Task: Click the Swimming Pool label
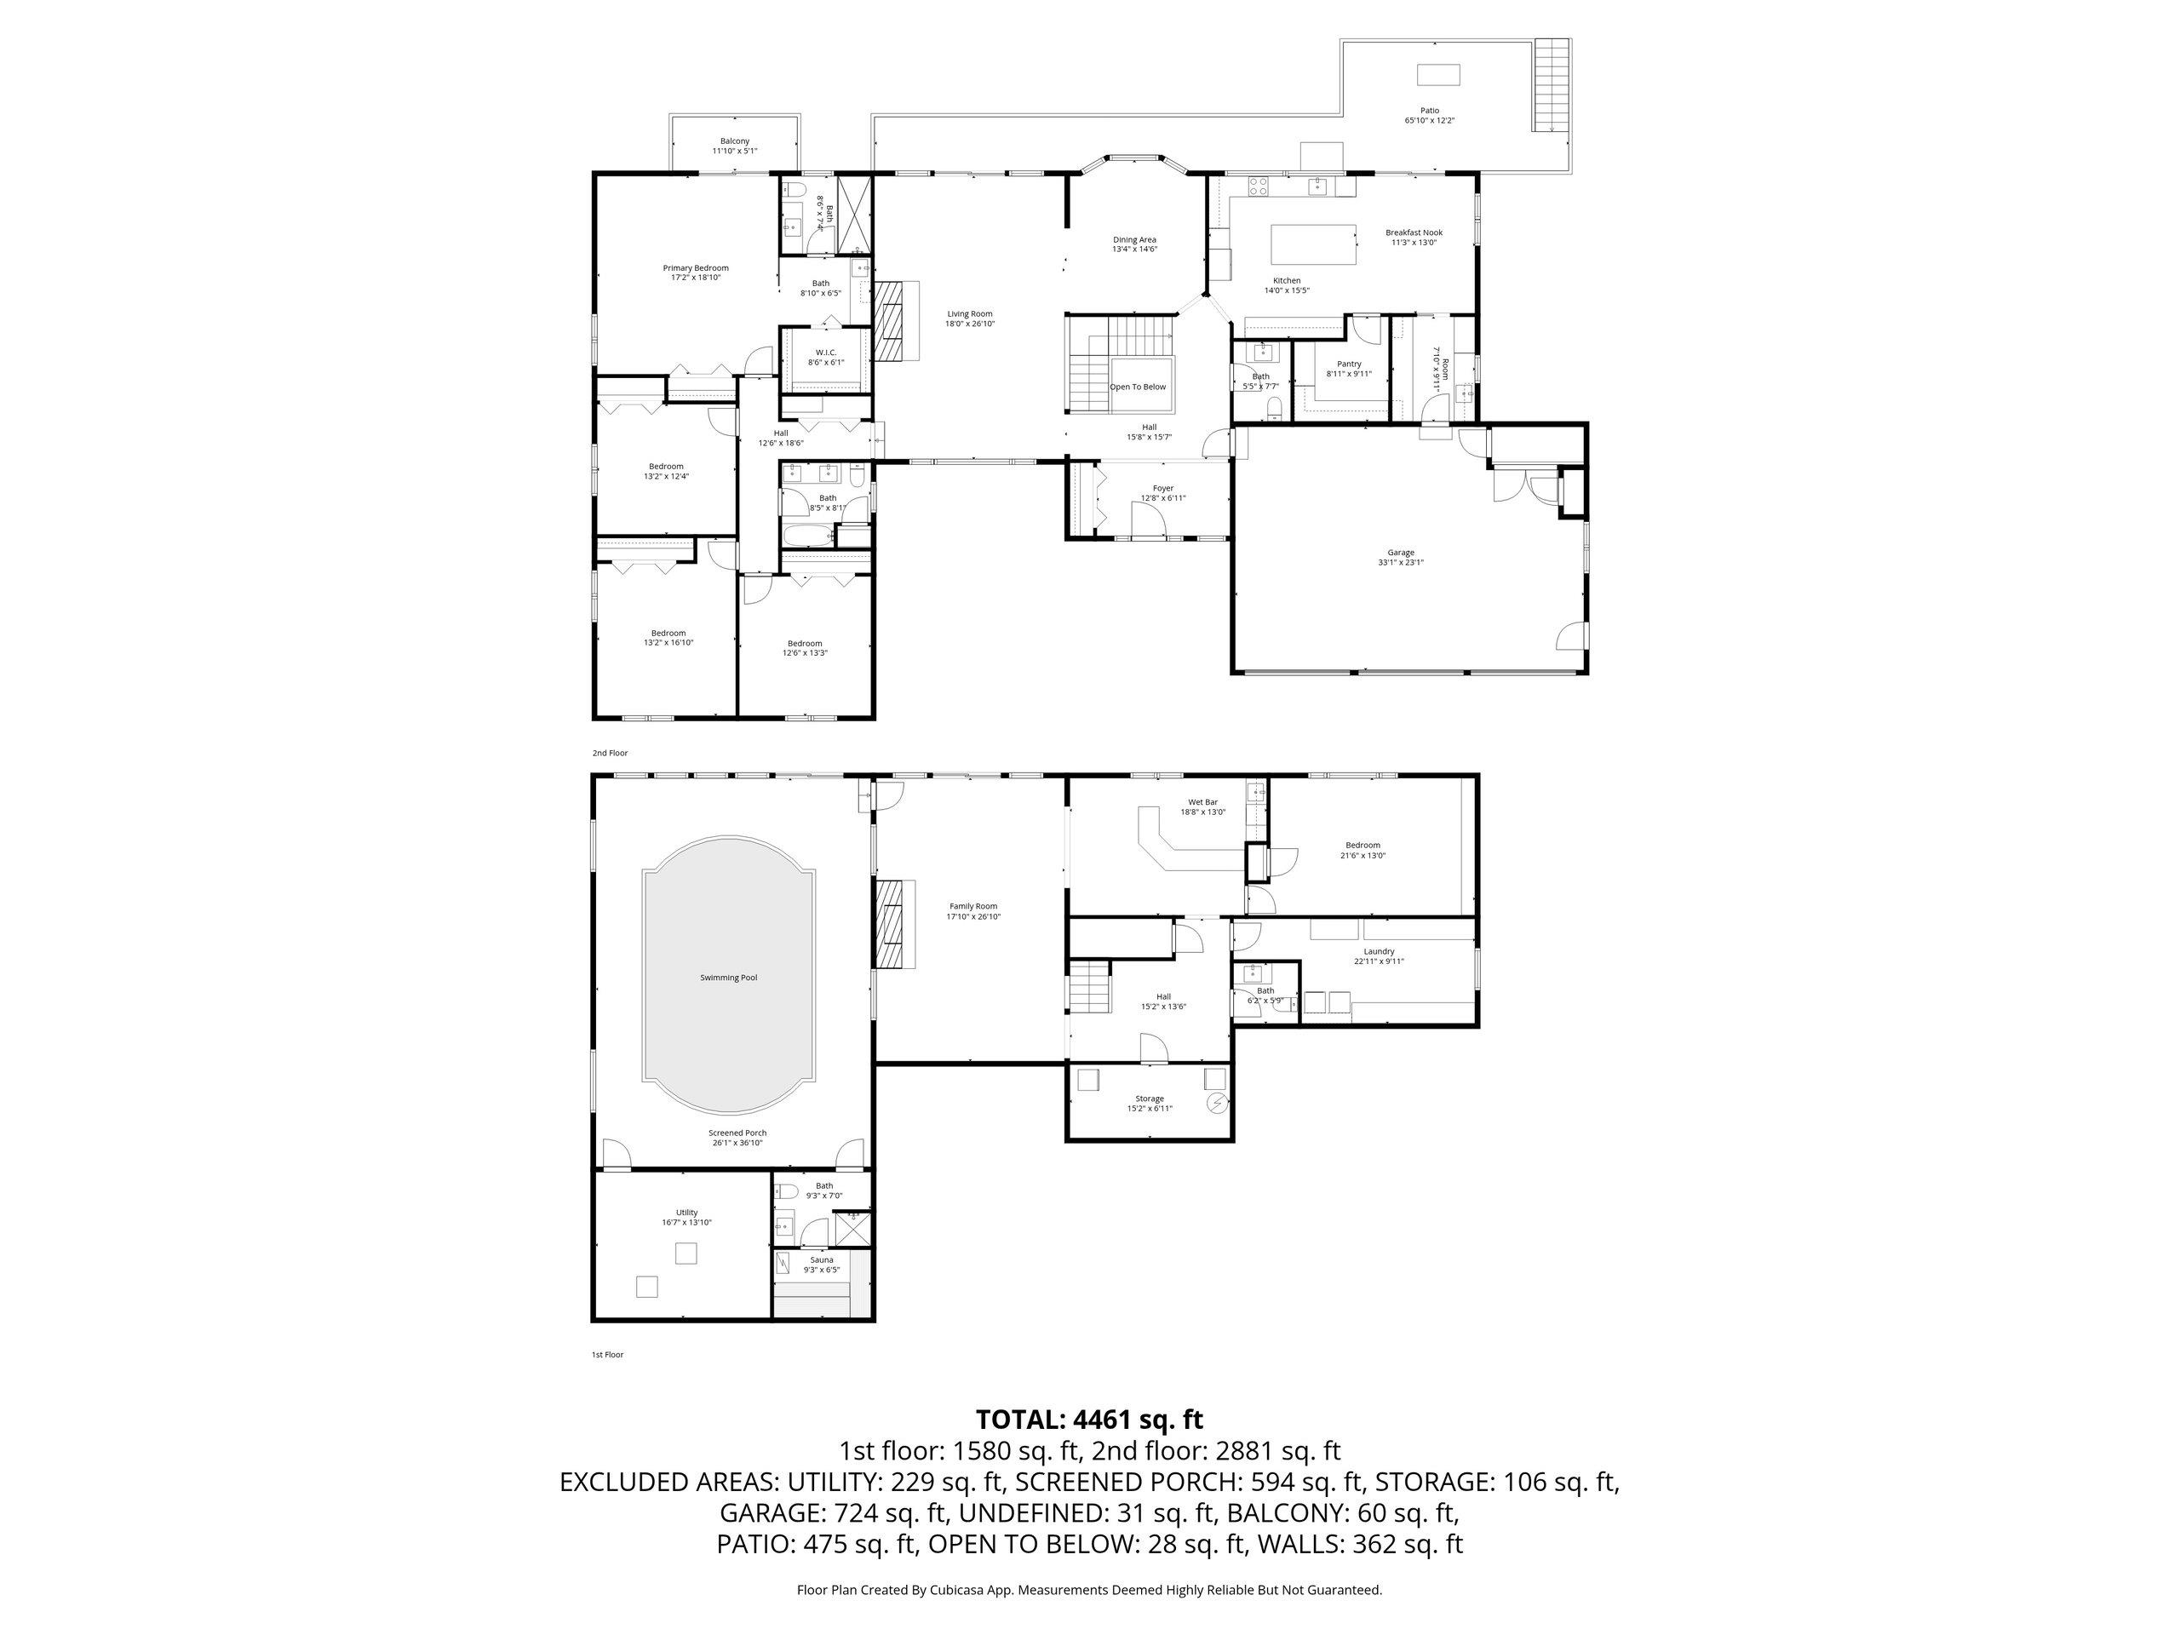click(728, 978)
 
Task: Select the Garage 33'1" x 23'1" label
click(1401, 558)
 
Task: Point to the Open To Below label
click(1138, 387)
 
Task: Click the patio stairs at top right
click(1550, 85)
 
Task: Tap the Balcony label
click(734, 146)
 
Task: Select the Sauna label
click(821, 1265)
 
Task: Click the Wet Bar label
click(1202, 807)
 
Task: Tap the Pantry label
click(1348, 369)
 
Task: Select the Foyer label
click(1163, 493)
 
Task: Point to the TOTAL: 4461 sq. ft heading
click(1089, 1420)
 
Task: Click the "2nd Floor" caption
click(609, 753)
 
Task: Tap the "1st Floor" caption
click(607, 1354)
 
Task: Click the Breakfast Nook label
click(1414, 238)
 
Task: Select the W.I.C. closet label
click(825, 357)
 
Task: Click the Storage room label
click(1149, 1103)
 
